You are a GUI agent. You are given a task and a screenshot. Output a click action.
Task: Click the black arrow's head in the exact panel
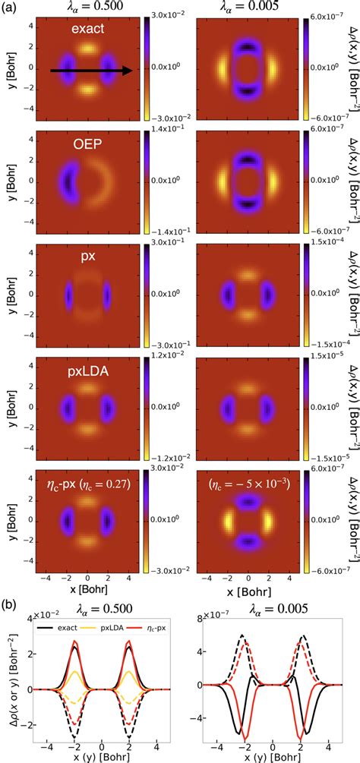[x=130, y=71]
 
